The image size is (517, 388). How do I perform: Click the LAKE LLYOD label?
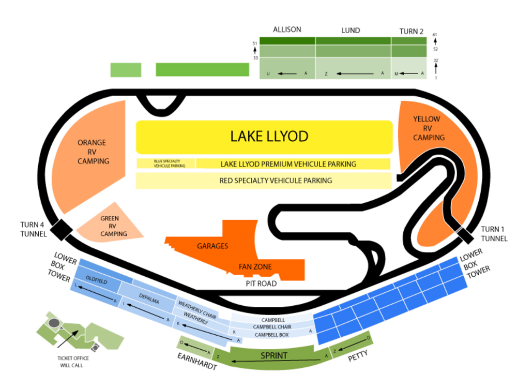269,137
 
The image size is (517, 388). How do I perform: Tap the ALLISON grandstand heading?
287,29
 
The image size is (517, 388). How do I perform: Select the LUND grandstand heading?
351,31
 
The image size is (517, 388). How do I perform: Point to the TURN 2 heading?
412,31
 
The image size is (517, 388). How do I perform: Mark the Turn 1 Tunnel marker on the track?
464,234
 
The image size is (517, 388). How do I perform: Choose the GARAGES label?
212,246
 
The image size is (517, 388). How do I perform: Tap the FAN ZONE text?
255,267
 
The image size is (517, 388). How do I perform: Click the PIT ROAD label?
261,283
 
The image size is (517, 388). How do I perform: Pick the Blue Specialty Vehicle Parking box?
166,163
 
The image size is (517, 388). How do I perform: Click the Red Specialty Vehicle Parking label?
276,181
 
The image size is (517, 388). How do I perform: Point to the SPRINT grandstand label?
274,355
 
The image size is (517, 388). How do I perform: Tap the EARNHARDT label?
196,361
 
